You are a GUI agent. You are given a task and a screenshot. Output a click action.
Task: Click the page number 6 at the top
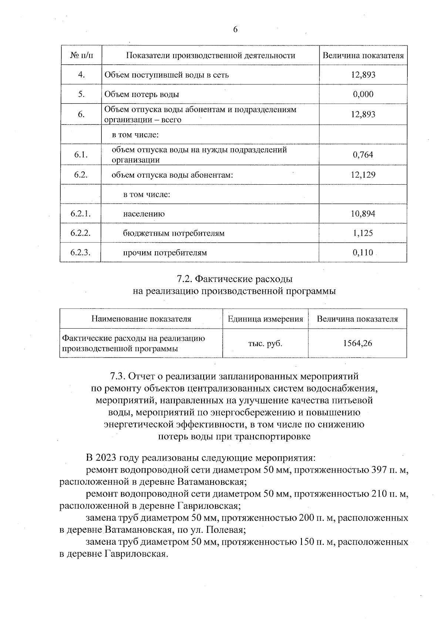[x=235, y=30]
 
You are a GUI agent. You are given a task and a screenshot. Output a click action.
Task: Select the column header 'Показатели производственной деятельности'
[x=211, y=56]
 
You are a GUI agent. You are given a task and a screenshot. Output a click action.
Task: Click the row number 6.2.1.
[x=80, y=214]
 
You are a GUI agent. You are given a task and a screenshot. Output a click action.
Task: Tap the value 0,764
[x=363, y=155]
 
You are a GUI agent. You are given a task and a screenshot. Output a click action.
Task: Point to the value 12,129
[x=363, y=175]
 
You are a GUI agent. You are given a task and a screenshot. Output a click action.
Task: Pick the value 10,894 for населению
[x=363, y=214]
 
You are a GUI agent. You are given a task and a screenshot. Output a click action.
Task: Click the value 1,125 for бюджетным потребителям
[x=363, y=233]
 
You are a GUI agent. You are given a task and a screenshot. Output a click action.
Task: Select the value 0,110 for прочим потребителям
[x=363, y=253]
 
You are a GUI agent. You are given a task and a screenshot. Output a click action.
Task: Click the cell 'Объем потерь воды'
[x=142, y=94]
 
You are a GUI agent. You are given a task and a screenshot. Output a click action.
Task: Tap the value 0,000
[x=363, y=94]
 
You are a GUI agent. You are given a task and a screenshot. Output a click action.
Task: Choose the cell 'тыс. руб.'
[x=265, y=343]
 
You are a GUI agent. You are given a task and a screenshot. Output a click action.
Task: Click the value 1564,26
[x=357, y=343]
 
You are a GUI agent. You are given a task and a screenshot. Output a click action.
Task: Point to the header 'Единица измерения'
[x=265, y=319]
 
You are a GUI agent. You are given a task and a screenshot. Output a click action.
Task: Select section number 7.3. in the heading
[x=118, y=376]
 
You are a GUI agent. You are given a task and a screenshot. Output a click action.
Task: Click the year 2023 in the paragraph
[x=106, y=458]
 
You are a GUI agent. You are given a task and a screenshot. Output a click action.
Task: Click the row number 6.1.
[x=80, y=155]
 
